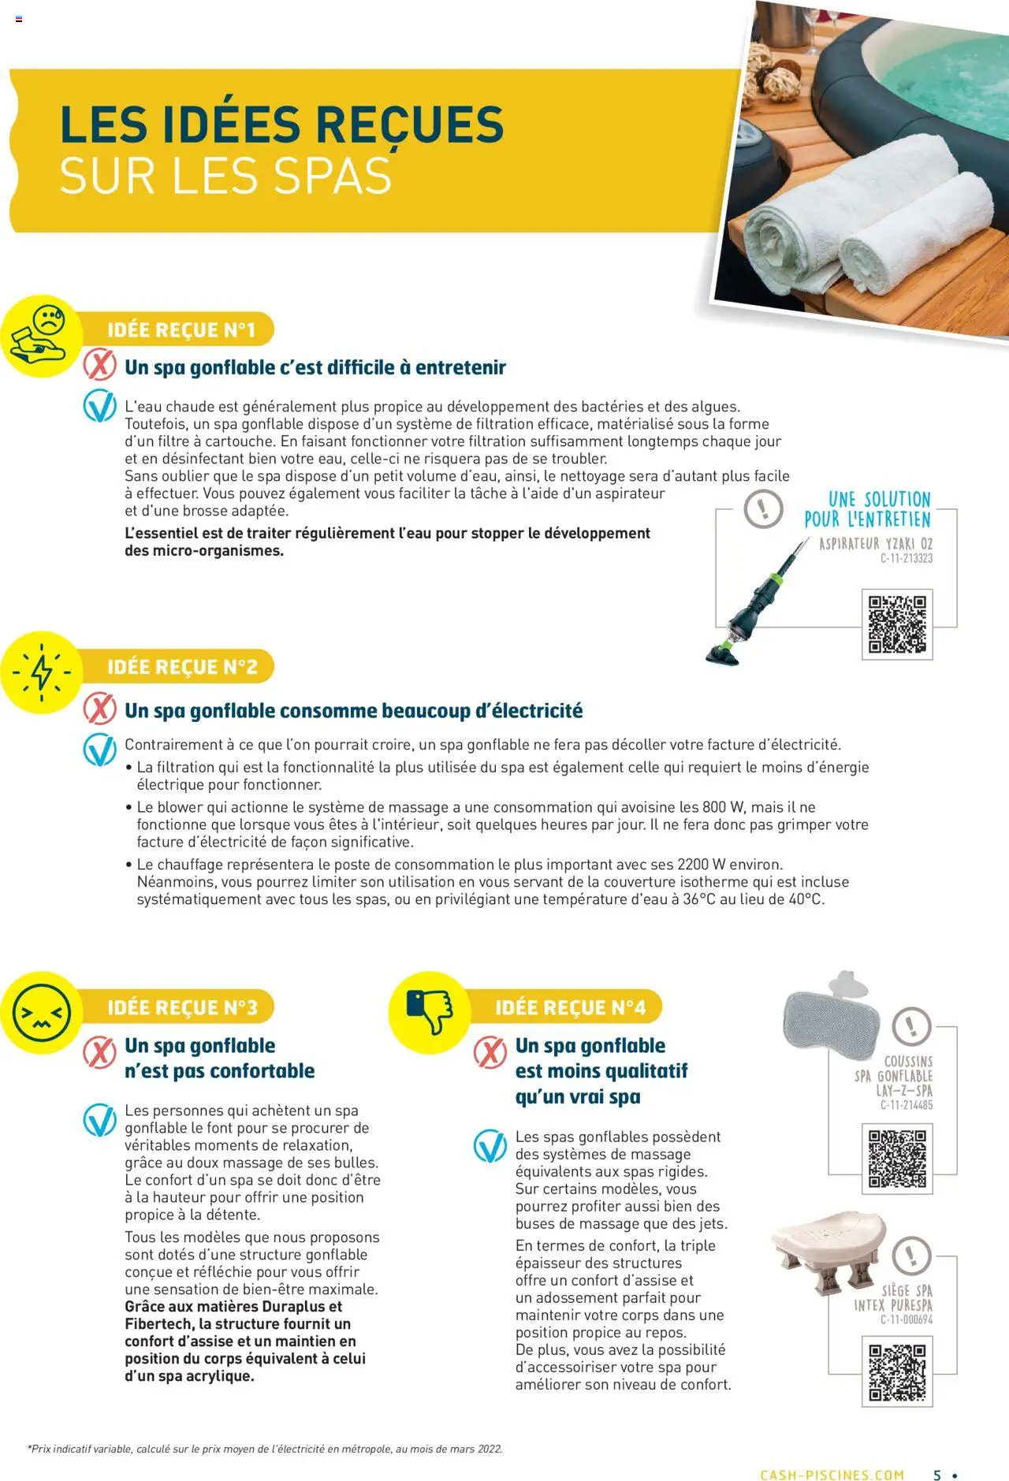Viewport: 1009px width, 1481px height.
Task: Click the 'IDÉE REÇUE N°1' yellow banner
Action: (x=182, y=329)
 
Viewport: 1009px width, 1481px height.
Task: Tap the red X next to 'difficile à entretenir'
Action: (x=100, y=366)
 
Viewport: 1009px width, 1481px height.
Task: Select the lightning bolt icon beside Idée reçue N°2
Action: (x=41, y=672)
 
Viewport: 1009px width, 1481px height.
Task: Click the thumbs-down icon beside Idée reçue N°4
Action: (x=430, y=1012)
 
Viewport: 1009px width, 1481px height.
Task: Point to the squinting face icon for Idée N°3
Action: (x=42, y=1013)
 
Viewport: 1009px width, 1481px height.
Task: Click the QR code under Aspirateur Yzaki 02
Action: (x=897, y=624)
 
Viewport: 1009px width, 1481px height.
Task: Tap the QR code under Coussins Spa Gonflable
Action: (x=897, y=1159)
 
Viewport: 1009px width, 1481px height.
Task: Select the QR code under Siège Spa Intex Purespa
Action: (x=897, y=1372)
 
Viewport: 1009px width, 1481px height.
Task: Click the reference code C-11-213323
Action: (x=906, y=559)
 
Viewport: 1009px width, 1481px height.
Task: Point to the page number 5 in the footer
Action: (x=937, y=1475)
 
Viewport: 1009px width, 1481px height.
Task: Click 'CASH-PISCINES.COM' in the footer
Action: (x=832, y=1475)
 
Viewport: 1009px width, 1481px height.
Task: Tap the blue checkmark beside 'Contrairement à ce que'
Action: (x=100, y=749)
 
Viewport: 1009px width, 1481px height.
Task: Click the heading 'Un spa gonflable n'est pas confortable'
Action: (x=219, y=1058)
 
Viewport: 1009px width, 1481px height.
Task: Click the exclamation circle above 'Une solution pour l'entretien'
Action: (x=763, y=508)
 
